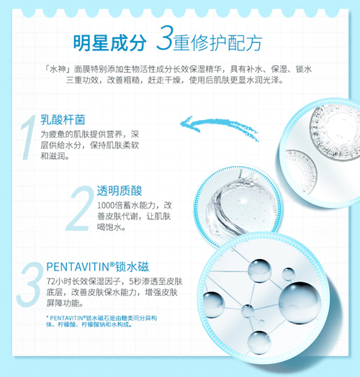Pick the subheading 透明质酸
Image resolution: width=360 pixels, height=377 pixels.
coord(120,191)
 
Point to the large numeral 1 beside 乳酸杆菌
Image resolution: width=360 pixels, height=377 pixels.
coord(27,135)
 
